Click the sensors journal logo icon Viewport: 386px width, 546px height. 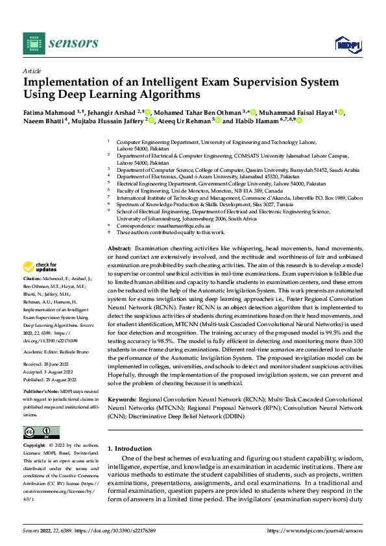[x=34, y=43]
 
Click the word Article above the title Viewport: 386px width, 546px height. [x=32, y=70]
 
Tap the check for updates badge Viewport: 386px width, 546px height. [x=40, y=267]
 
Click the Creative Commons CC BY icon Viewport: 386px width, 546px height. [x=41, y=433]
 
